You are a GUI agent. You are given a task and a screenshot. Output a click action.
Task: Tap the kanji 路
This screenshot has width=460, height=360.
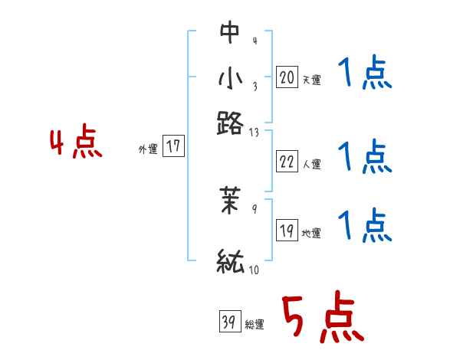[230, 122]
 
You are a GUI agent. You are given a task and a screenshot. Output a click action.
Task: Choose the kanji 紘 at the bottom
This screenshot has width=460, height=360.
[230, 261]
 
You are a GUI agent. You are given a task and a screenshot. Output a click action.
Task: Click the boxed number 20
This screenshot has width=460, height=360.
[287, 77]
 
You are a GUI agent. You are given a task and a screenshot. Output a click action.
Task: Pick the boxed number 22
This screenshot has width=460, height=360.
[287, 162]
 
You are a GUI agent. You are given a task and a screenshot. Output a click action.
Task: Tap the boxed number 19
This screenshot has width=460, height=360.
[287, 231]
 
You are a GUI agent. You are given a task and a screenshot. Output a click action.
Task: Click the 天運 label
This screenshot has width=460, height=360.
[311, 80]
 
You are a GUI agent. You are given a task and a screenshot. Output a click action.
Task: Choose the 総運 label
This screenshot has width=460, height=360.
[255, 325]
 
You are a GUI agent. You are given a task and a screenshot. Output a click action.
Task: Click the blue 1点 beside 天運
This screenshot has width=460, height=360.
[365, 75]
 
